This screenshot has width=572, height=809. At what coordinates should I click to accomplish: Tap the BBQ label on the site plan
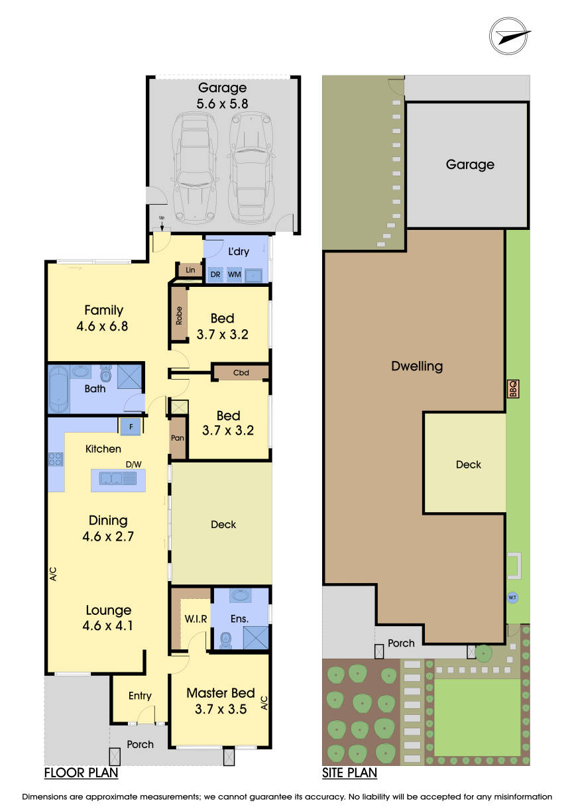coord(512,389)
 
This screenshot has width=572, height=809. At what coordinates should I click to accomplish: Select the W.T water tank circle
coord(512,597)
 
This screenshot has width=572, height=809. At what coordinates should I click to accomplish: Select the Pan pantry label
coord(177,439)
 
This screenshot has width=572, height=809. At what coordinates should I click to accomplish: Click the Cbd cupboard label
coord(241,372)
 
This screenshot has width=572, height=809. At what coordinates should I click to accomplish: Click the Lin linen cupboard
coord(190,270)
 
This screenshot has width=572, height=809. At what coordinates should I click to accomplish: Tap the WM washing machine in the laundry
coord(235,274)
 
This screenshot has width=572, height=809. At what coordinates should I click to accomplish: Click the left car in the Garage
coord(194,168)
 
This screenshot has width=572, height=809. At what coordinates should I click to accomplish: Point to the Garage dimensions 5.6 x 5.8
coord(221,103)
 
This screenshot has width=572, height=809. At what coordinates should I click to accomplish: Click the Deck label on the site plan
coord(468,464)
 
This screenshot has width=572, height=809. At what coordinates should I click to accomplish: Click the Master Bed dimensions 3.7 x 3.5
coord(221,708)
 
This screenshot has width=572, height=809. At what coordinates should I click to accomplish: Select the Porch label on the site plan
coord(401,643)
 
